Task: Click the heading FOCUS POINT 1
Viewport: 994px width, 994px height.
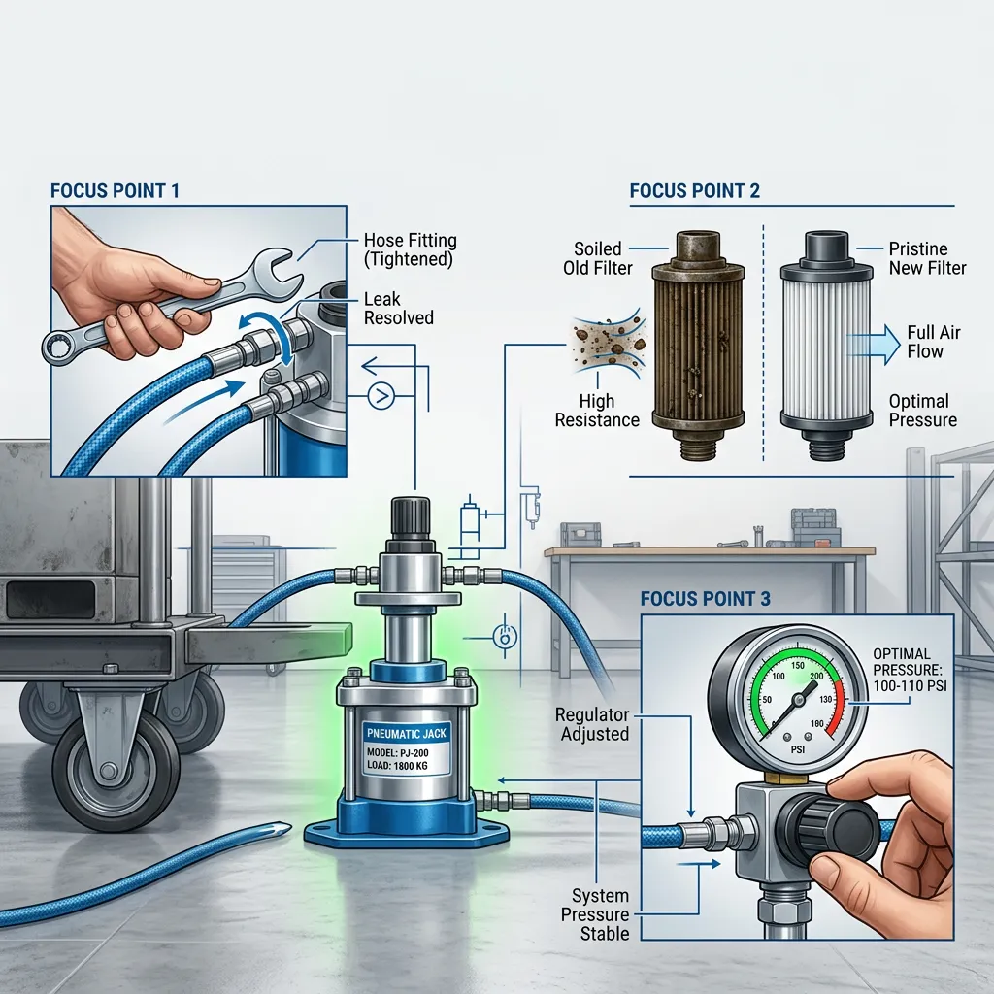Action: point(115,191)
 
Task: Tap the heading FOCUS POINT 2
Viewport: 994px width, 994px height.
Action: point(695,191)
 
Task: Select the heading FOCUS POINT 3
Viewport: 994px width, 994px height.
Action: point(706,598)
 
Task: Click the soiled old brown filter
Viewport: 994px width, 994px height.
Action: point(699,345)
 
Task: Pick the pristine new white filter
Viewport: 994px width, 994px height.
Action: point(826,345)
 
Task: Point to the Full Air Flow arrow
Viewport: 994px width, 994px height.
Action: point(875,345)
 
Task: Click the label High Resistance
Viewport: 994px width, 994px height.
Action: point(597,411)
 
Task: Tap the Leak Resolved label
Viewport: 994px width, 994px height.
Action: point(399,308)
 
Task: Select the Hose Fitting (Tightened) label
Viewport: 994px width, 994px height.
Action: point(411,249)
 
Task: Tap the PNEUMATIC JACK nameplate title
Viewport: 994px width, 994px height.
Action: point(407,733)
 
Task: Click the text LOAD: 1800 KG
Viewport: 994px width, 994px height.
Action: point(397,766)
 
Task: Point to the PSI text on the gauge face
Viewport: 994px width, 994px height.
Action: point(798,749)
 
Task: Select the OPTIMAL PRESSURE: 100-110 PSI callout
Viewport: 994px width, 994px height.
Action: point(910,670)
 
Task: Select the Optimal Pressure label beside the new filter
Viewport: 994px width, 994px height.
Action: point(923,411)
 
